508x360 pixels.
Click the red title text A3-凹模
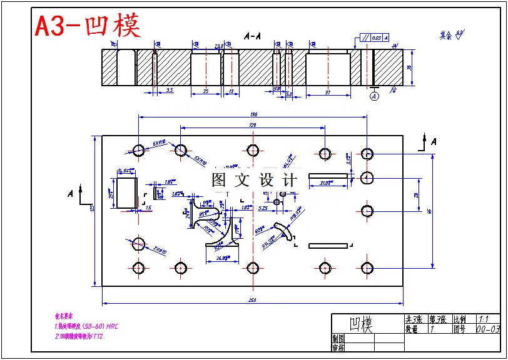(88, 26)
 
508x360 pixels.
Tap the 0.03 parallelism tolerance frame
(375, 38)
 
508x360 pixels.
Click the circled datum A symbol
(374, 96)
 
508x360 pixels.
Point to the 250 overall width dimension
(253, 300)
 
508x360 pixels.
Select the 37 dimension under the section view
(328, 92)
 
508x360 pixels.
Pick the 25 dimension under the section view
(206, 92)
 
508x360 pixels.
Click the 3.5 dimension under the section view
(169, 90)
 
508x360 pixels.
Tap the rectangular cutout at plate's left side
(127, 192)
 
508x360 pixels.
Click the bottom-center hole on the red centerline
(253, 268)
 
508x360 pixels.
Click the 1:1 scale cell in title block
(485, 318)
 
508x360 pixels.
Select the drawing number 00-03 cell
(488, 328)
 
